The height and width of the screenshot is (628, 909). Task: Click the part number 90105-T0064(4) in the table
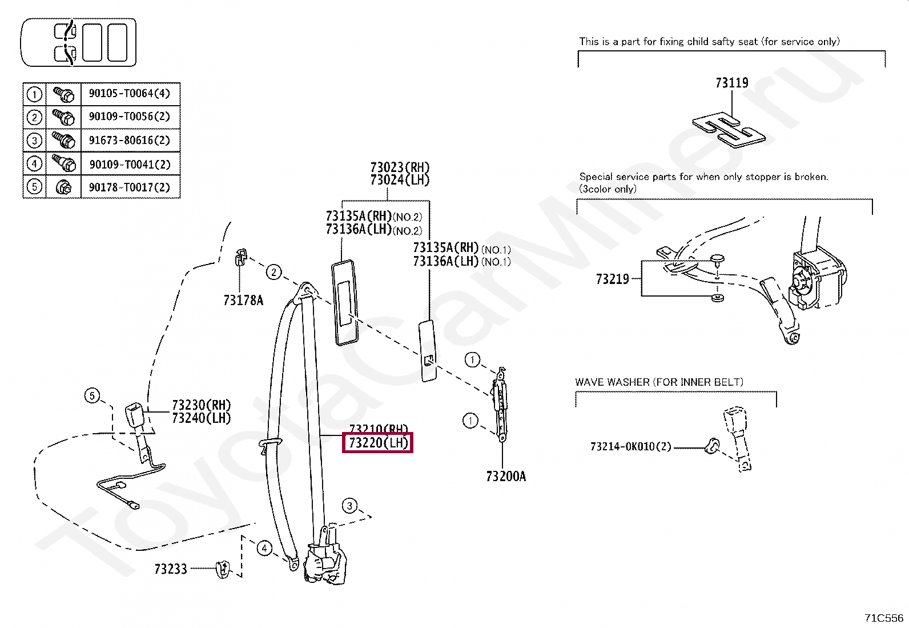tap(130, 93)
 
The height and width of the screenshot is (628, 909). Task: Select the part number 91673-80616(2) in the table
tap(130, 140)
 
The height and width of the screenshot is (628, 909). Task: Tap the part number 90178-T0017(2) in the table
tap(130, 187)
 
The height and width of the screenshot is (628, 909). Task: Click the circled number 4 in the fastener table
tap(34, 164)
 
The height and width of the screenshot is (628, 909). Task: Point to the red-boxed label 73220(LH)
tap(377, 443)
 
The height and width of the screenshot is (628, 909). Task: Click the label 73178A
tap(243, 301)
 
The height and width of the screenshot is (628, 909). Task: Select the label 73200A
tap(506, 477)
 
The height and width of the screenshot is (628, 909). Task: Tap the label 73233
tap(171, 569)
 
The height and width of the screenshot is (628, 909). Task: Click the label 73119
tap(731, 83)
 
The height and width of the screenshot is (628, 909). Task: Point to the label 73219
tap(612, 279)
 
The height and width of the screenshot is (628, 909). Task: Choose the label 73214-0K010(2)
tap(631, 446)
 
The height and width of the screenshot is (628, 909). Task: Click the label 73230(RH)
tap(201, 405)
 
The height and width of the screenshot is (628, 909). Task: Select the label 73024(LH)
tap(400, 180)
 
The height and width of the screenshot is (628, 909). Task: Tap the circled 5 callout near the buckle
tap(92, 395)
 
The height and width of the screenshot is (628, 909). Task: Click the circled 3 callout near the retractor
tap(350, 505)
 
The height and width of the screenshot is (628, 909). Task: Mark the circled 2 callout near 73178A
tap(274, 272)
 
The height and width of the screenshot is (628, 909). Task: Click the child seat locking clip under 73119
tap(729, 131)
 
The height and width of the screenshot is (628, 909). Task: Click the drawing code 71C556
tap(884, 618)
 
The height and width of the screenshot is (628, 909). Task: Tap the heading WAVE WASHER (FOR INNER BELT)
tap(659, 382)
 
